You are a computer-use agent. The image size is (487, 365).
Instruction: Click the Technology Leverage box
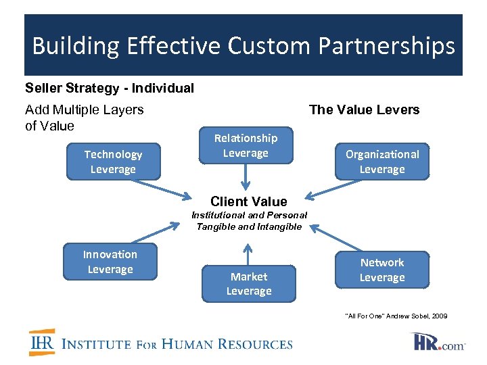[113, 162]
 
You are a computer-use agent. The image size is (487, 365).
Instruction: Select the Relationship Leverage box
[246, 145]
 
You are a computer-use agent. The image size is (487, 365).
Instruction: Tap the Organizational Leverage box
[382, 162]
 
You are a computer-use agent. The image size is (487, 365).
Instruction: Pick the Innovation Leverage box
[110, 262]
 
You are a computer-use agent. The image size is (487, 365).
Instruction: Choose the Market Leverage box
[249, 283]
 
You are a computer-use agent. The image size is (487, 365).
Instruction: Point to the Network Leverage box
[381, 270]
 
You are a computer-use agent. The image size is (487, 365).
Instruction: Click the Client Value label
[248, 201]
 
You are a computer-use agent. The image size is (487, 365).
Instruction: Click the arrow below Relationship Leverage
[246, 178]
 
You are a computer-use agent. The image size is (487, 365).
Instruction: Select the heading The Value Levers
[364, 109]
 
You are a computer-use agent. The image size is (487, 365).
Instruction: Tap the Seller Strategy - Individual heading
[110, 88]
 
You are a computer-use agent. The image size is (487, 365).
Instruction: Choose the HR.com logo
[438, 342]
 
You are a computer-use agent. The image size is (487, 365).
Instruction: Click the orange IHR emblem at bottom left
[42, 342]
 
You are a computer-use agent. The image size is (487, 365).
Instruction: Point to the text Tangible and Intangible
[249, 226]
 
